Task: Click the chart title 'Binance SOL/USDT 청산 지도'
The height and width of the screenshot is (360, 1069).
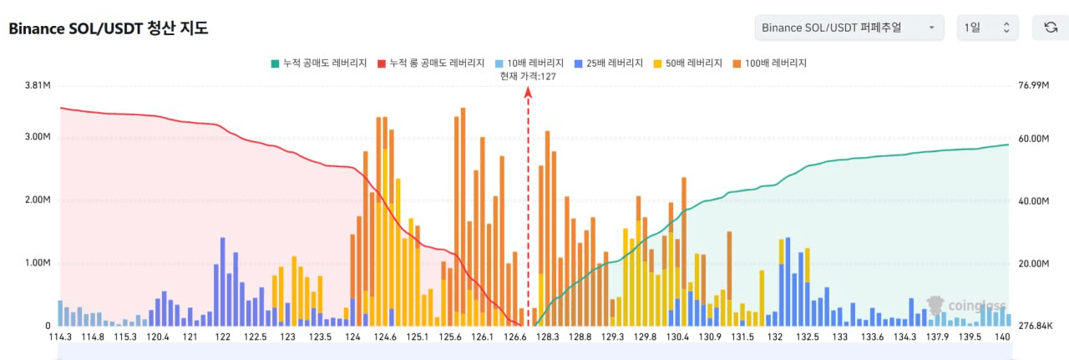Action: pos(108,28)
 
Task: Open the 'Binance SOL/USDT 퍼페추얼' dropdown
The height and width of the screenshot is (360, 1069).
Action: pos(849,28)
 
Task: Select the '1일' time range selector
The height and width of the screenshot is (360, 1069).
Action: pos(987,28)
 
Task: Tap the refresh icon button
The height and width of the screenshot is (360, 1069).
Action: pos(1051,28)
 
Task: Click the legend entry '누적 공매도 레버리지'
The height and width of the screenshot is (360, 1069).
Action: pos(318,63)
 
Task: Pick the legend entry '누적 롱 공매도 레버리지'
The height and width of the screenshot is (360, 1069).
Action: pos(431,63)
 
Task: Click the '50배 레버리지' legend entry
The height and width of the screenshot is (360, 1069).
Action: pos(686,63)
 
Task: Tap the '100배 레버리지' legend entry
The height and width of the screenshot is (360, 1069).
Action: pos(768,63)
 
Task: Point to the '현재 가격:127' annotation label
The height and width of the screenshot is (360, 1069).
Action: pos(528,76)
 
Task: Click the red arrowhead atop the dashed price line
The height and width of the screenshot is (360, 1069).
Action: pos(528,93)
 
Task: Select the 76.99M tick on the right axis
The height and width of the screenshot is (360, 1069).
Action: pos(1033,85)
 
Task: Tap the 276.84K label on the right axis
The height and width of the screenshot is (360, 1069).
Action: pos(1035,326)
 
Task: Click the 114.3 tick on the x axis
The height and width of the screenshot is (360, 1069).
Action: pos(61,337)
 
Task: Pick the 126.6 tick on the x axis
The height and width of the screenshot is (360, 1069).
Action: pos(515,337)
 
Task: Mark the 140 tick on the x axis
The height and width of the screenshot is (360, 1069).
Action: pos(1003,337)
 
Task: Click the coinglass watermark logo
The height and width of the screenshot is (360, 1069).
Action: pos(966,306)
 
